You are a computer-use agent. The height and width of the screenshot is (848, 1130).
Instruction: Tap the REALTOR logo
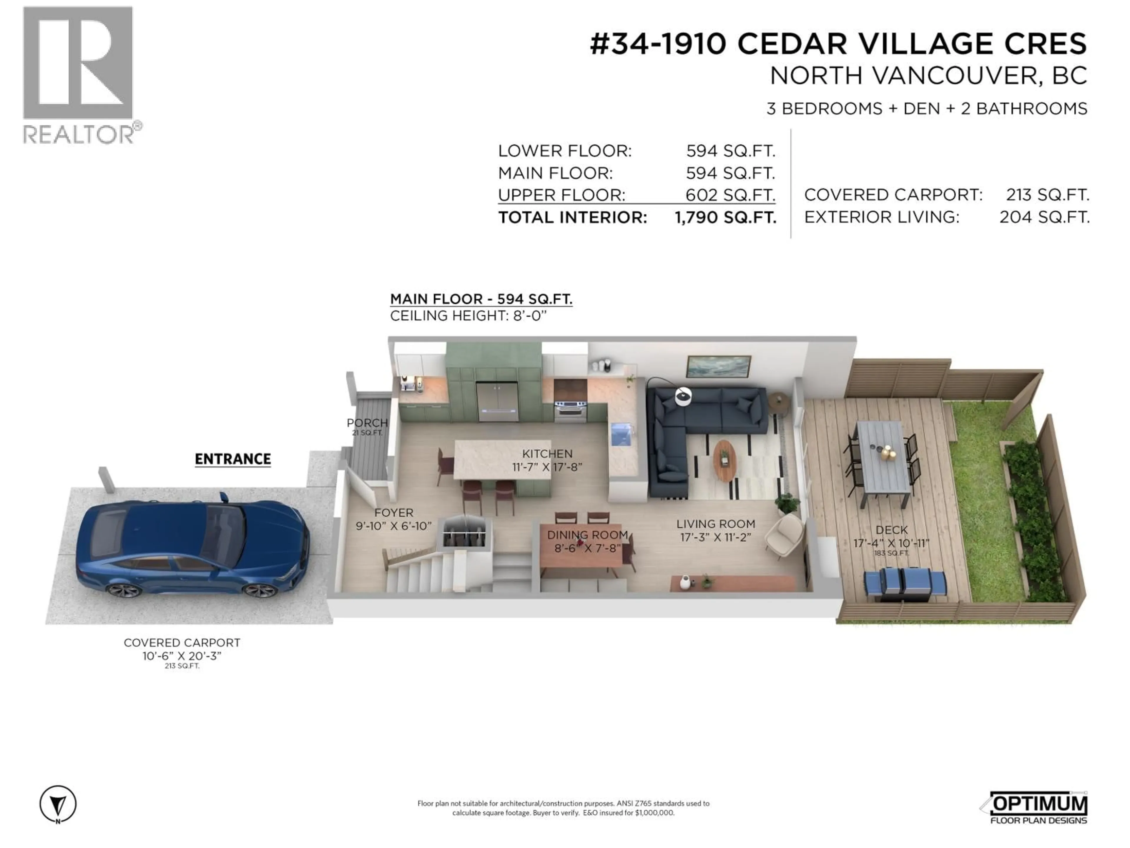(x=79, y=74)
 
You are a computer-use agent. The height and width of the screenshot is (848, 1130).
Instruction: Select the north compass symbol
(x=58, y=804)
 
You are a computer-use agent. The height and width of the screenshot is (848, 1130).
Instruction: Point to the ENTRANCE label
(x=233, y=459)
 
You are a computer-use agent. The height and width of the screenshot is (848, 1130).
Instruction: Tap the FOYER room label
(x=393, y=513)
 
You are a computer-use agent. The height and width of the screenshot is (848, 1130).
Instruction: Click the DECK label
(x=891, y=530)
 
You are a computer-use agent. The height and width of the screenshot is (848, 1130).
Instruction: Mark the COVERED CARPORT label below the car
(x=182, y=642)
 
